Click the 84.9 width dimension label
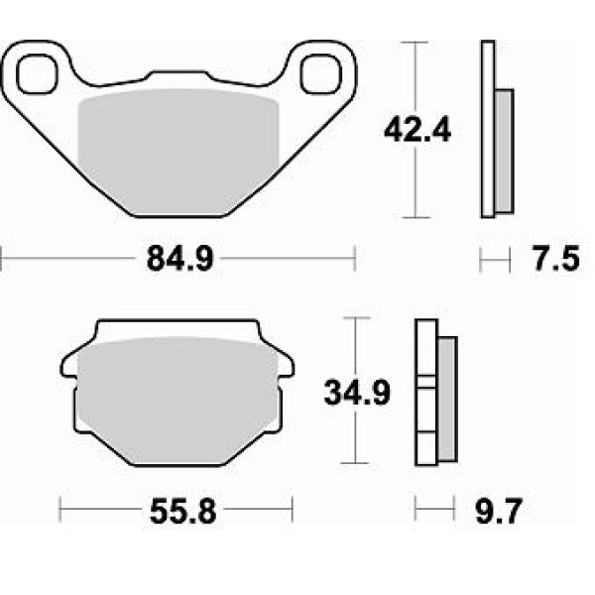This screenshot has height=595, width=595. click(x=180, y=259)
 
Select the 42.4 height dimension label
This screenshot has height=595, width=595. click(x=417, y=130)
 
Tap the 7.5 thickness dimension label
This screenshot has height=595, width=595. click(x=556, y=259)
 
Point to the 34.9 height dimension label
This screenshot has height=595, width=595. click(x=357, y=393)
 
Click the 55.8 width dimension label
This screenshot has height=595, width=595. click(x=182, y=511)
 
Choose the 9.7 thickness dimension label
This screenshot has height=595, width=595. click(x=499, y=511)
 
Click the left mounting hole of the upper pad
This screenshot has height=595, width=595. click(x=37, y=74)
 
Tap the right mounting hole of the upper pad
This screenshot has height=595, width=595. click(x=321, y=74)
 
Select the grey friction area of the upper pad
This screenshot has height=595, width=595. click(x=178, y=152)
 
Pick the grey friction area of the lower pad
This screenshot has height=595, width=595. click(x=178, y=401)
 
